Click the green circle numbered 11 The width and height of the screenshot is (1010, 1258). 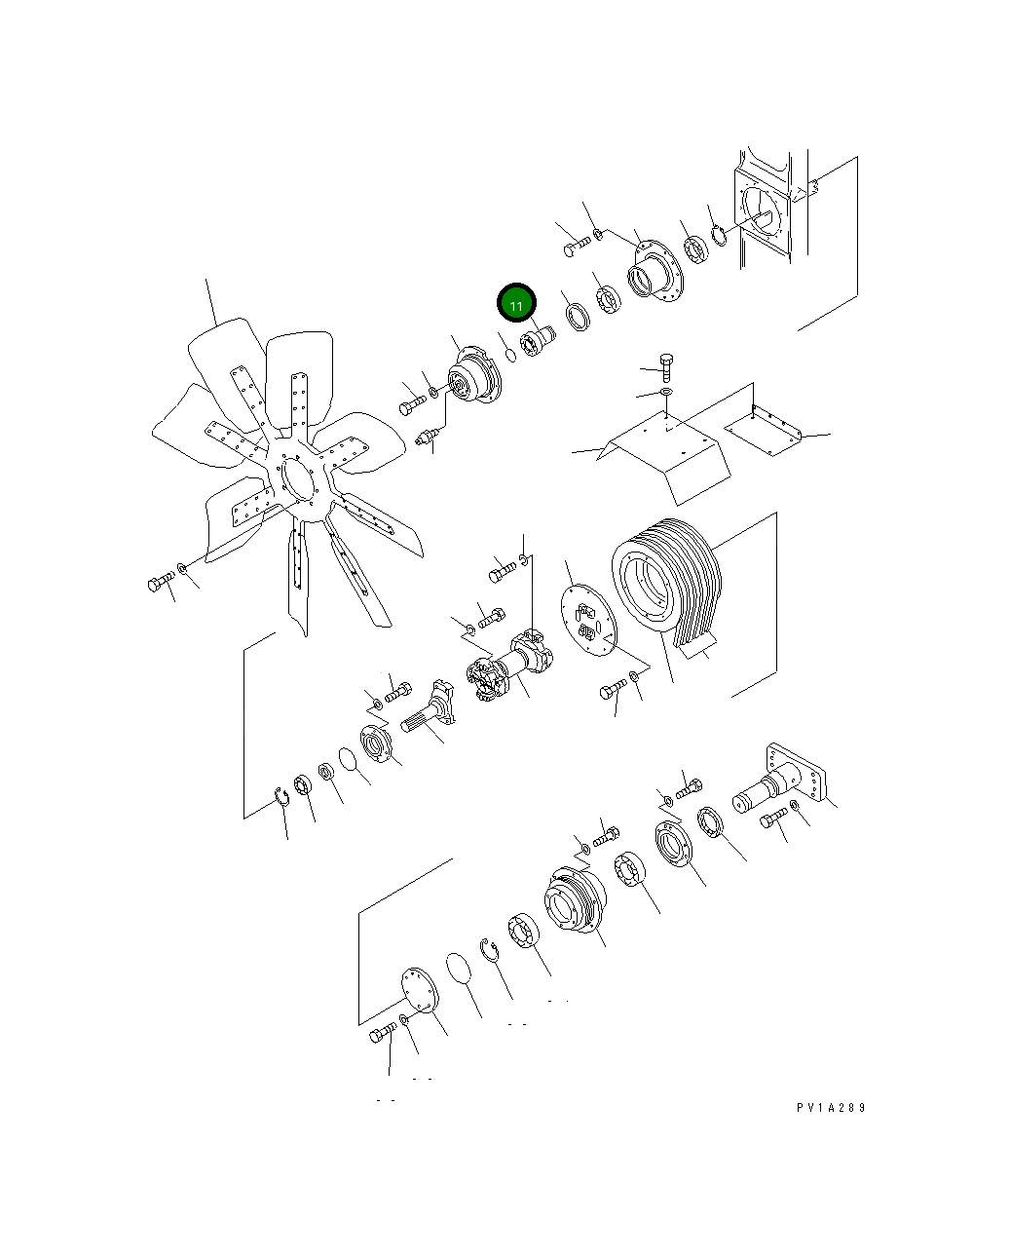click(x=516, y=303)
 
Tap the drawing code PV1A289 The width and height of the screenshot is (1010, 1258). click(x=831, y=1107)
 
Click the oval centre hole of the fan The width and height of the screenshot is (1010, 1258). click(x=298, y=479)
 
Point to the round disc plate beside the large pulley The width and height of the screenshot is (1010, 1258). click(x=588, y=620)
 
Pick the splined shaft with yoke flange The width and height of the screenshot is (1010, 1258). click(x=429, y=709)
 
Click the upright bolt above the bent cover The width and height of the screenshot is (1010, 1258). click(x=666, y=367)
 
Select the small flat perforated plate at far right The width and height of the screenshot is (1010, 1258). click(x=764, y=431)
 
